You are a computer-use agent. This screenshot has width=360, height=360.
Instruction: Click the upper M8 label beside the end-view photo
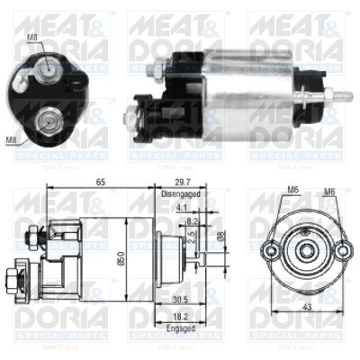point(32,37)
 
